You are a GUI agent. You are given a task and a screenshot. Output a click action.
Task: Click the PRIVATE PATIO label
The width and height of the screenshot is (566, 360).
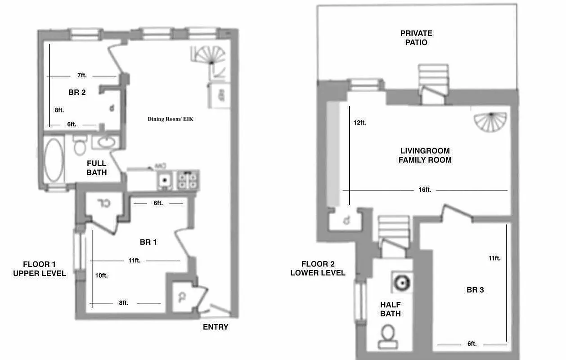point(416,38)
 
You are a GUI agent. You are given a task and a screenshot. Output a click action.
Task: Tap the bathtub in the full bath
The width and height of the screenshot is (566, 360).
point(54,159)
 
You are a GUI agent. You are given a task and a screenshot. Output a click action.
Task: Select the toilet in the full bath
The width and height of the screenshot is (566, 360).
point(80,144)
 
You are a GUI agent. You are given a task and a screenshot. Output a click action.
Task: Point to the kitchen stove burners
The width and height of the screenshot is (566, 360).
point(188,180)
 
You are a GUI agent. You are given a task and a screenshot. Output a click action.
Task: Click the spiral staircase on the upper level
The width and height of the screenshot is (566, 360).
point(211,58)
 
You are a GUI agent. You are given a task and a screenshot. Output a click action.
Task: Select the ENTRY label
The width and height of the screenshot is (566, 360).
point(216,327)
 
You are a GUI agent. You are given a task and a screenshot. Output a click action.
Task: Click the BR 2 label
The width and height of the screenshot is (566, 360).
point(77,93)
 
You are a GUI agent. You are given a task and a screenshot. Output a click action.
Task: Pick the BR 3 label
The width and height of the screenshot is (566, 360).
point(475,290)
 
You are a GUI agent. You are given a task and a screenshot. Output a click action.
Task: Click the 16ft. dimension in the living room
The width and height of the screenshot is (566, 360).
point(425,190)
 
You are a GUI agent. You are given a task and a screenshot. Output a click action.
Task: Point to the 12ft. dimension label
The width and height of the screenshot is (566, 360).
point(359,122)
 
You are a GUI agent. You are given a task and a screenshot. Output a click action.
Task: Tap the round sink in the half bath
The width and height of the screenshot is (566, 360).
point(400,282)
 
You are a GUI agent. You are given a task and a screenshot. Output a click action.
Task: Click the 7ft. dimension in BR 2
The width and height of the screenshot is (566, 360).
point(81,76)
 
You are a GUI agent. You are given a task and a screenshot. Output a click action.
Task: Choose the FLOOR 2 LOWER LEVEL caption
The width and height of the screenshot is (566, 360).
point(318,268)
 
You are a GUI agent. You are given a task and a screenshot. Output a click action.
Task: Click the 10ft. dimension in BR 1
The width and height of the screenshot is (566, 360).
point(102,275)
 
